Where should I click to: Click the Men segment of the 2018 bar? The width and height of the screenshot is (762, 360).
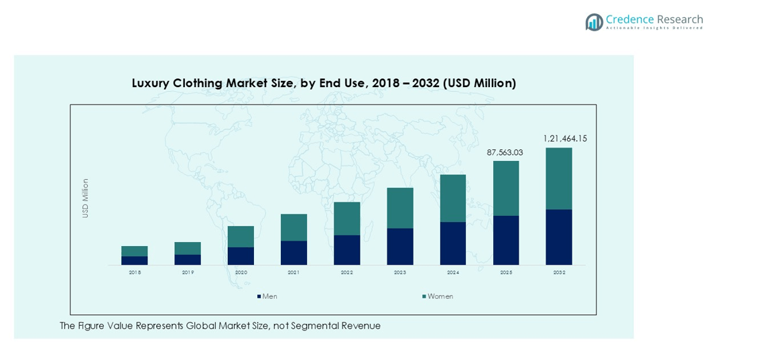(x=135, y=260)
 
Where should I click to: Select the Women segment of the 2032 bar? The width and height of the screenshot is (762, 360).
(x=559, y=178)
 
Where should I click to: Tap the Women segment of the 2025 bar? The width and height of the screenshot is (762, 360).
(x=506, y=188)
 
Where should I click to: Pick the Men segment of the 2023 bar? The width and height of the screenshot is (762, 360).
(x=400, y=246)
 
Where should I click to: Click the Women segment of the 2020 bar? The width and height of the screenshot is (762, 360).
(x=241, y=236)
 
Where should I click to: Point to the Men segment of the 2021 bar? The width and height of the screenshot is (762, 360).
(x=294, y=253)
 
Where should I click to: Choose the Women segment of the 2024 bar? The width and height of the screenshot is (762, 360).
(x=453, y=198)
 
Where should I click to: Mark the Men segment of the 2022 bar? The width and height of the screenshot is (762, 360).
(x=346, y=249)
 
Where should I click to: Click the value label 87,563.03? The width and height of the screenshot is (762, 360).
(x=505, y=153)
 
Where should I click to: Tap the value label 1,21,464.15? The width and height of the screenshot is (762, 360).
(x=565, y=139)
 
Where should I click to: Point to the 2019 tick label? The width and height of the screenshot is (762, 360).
(x=188, y=273)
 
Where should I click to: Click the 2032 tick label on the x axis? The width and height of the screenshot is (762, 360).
(x=559, y=273)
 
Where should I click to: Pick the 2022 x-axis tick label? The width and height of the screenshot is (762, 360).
(x=346, y=273)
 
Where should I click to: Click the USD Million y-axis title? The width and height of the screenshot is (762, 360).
(x=85, y=198)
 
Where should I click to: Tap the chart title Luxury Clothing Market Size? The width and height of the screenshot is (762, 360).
(x=324, y=83)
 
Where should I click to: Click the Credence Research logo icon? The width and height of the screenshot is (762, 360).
(x=594, y=22)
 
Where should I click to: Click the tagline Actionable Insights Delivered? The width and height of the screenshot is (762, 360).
(x=654, y=28)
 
